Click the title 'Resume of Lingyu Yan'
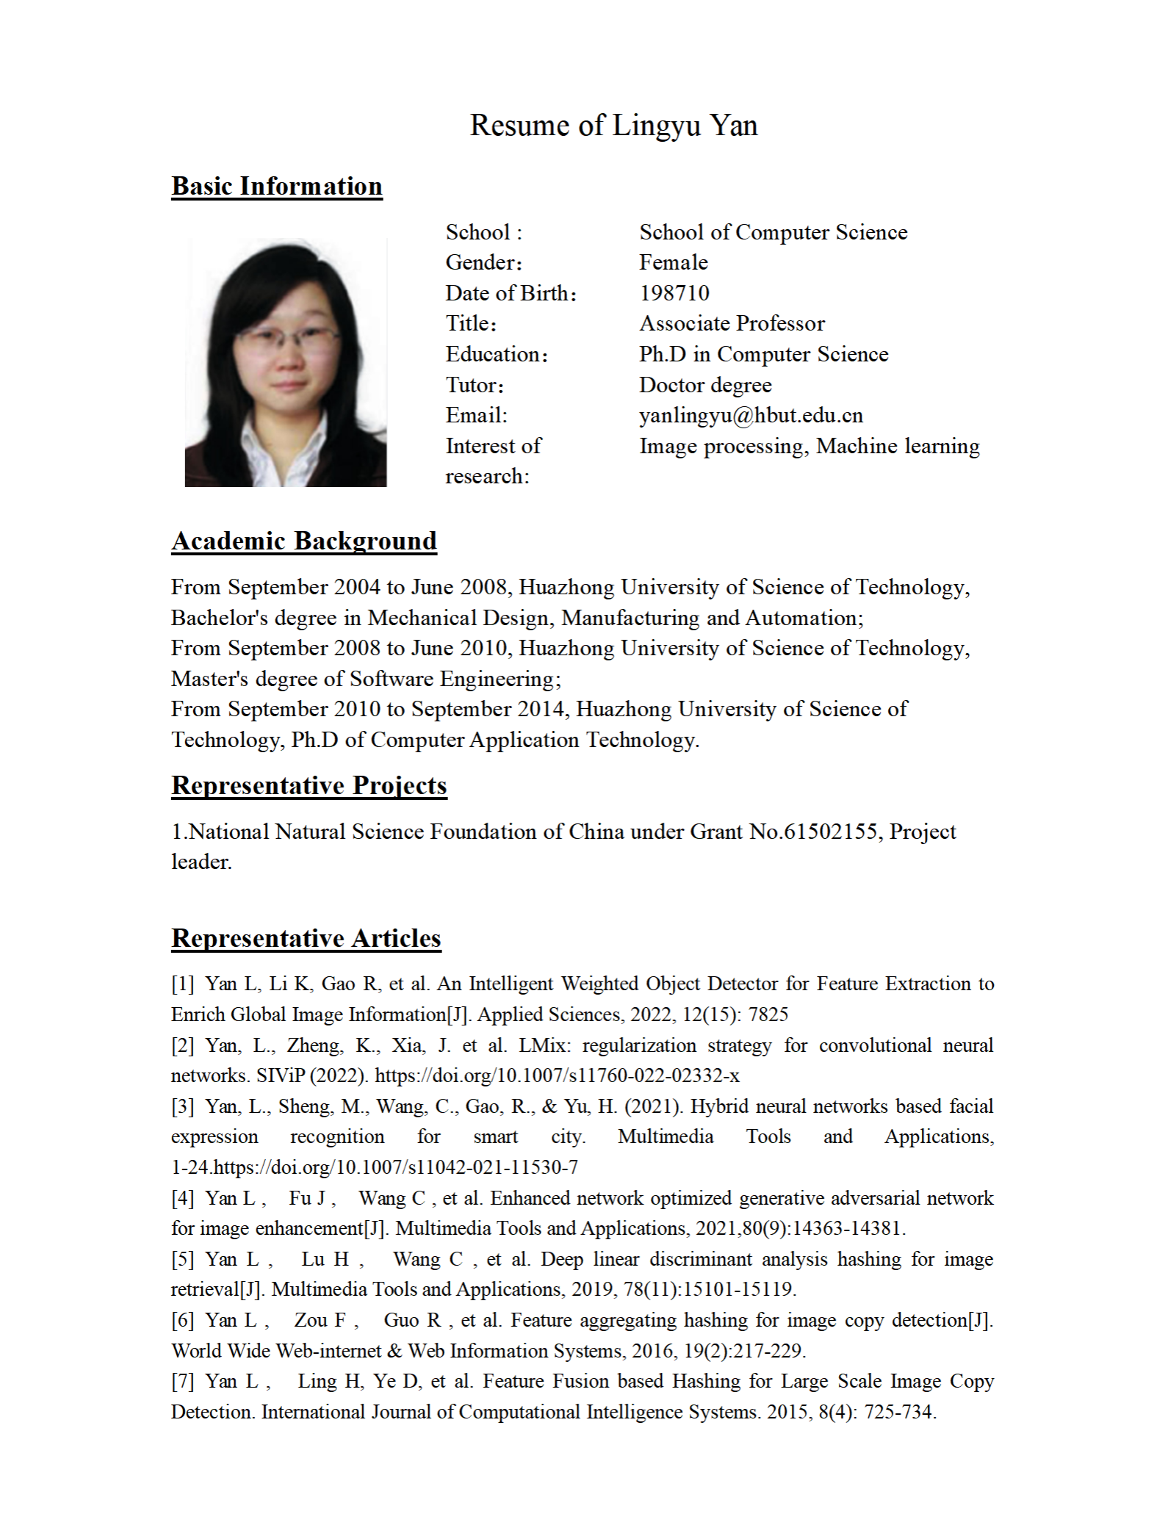point(613,126)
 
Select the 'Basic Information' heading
point(277,187)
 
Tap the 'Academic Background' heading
point(304,541)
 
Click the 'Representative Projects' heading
point(309,786)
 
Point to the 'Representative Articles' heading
point(306,939)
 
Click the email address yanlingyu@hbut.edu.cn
point(751,416)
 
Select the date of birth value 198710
point(674,293)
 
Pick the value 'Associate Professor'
point(732,324)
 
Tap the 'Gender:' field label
point(484,263)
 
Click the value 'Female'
point(674,263)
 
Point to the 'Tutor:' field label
point(475,385)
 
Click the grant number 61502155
point(833,832)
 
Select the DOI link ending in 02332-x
point(557,1076)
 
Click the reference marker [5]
point(182,1259)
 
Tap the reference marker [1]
point(182,984)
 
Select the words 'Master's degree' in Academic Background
point(245,679)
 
